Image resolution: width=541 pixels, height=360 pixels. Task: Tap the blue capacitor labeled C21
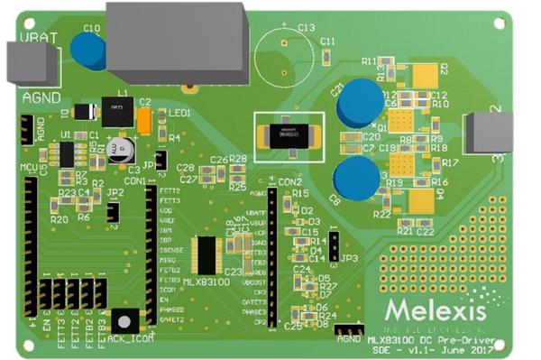[357, 102]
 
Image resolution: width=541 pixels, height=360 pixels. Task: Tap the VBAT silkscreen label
[32, 37]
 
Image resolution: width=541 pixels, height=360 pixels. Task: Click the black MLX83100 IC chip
[206, 256]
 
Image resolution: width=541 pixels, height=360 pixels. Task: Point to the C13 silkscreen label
[307, 28]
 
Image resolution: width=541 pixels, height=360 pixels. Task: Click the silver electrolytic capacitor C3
[120, 150]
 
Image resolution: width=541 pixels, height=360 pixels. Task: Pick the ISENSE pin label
[170, 247]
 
